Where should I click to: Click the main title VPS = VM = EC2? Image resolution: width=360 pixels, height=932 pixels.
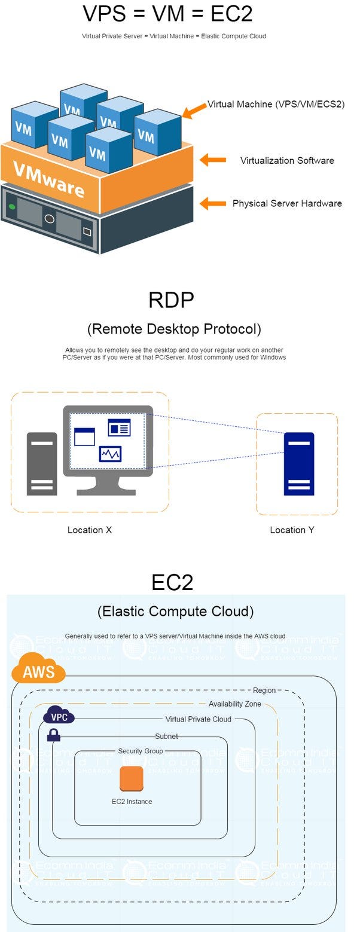click(x=174, y=13)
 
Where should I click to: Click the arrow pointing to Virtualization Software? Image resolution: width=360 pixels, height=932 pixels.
click(x=213, y=160)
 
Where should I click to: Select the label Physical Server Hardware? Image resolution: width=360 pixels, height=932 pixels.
click(x=287, y=203)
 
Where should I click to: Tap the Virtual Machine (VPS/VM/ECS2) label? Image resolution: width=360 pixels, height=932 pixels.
click(x=276, y=104)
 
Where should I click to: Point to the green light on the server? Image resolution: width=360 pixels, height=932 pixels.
click(x=12, y=207)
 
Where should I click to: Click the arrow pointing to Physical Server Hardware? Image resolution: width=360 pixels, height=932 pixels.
click(x=213, y=204)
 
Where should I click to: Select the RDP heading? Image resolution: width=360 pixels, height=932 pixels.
click(x=172, y=300)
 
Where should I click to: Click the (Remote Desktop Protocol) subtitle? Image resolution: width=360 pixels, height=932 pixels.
click(x=174, y=329)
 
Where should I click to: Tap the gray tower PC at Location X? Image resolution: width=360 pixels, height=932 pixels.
click(x=42, y=463)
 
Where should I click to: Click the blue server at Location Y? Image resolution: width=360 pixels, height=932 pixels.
click(x=298, y=463)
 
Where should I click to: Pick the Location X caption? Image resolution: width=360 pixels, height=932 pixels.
click(x=90, y=530)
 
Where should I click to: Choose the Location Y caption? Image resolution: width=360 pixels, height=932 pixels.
click(x=292, y=530)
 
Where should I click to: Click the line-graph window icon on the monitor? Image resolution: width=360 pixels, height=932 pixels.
click(x=110, y=454)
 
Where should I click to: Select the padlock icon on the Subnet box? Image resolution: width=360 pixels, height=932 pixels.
click(x=54, y=735)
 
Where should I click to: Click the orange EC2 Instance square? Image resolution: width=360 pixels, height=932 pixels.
click(x=132, y=778)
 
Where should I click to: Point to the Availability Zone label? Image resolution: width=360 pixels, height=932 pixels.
click(x=234, y=704)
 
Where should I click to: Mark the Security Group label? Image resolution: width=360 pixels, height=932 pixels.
click(x=140, y=751)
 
